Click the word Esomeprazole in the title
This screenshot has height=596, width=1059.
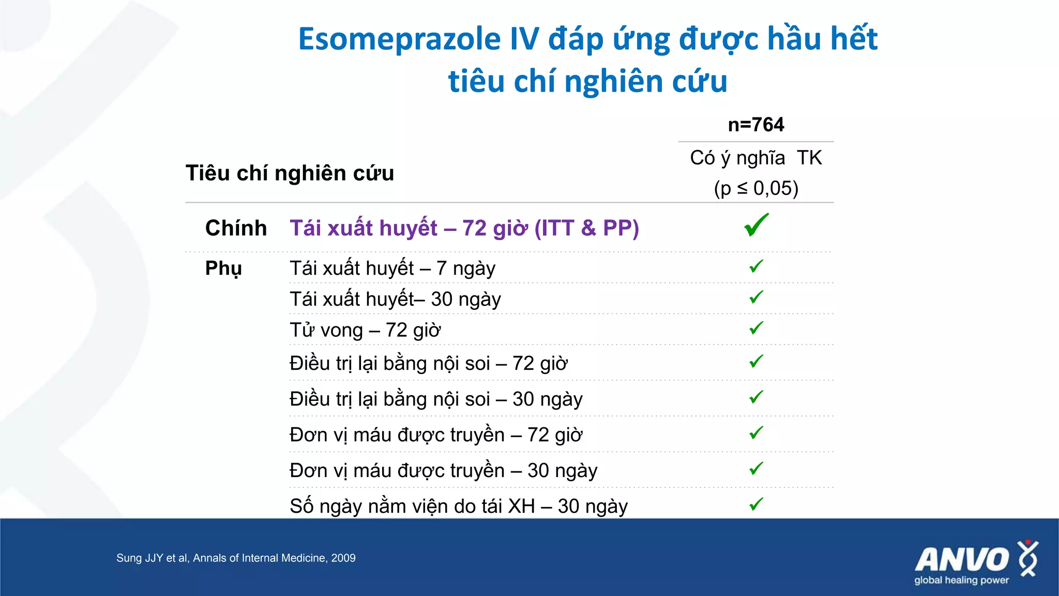click(x=400, y=40)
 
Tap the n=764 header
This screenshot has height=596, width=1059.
click(x=755, y=125)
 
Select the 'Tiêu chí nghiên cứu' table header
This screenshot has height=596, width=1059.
click(x=290, y=173)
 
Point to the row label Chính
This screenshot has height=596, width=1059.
click(x=236, y=228)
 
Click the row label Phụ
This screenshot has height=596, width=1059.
click(x=223, y=269)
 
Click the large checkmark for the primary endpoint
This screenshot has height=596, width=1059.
click(x=756, y=226)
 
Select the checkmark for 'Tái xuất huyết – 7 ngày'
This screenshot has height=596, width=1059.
click(x=756, y=266)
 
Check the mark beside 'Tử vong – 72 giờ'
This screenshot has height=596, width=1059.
click(x=756, y=328)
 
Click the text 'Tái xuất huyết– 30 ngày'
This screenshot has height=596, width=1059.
click(x=395, y=300)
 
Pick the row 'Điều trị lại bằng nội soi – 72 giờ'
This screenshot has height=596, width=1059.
click(x=428, y=364)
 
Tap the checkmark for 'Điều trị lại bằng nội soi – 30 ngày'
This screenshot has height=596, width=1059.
click(x=756, y=397)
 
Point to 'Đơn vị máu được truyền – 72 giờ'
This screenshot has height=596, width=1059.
click(x=436, y=435)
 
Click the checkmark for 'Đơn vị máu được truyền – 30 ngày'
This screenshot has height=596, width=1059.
click(x=756, y=469)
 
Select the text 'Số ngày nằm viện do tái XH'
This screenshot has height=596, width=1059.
click(x=412, y=506)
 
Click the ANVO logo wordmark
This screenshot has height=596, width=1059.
click(x=962, y=560)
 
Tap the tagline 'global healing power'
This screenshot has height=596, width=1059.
click(x=961, y=580)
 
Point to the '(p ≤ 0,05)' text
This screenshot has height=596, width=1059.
click(x=756, y=188)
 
